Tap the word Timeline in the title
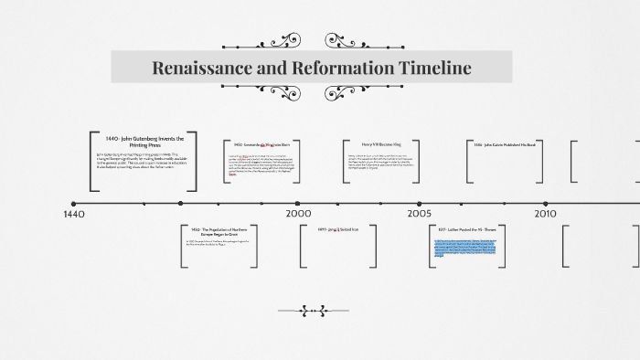click(x=436, y=68)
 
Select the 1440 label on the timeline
click(x=75, y=214)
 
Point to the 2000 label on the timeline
click(x=298, y=213)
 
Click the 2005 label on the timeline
click(x=420, y=213)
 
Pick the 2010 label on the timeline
click(x=546, y=213)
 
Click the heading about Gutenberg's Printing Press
click(x=144, y=139)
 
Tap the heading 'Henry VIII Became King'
click(x=380, y=144)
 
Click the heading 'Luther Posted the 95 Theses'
click(x=467, y=229)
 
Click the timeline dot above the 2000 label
click(x=297, y=203)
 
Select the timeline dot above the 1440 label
click(x=73, y=203)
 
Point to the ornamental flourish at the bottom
click(x=314, y=309)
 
